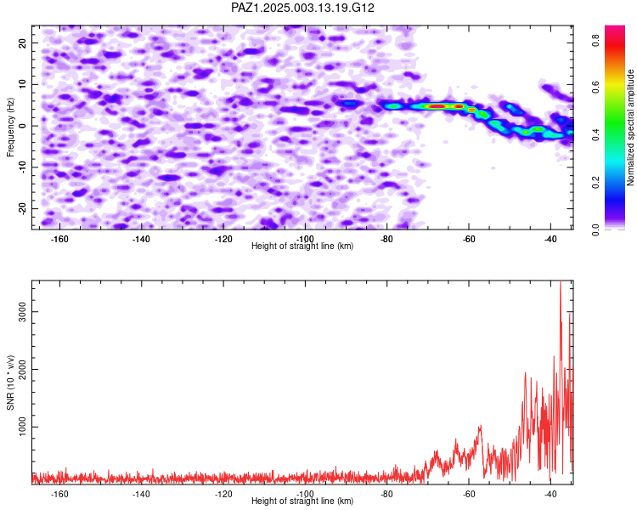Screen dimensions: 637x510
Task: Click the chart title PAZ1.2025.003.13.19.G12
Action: pyautogui.click(x=302, y=8)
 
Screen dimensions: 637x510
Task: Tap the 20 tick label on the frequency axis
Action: pyautogui.click(x=23, y=42)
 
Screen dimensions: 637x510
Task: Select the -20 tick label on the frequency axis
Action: pyautogui.click(x=23, y=208)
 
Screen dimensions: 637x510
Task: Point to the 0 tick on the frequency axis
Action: pyautogui.click(x=23, y=126)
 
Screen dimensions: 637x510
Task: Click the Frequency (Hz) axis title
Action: pyautogui.click(x=10, y=127)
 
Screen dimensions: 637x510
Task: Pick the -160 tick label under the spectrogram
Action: pyautogui.click(x=59, y=239)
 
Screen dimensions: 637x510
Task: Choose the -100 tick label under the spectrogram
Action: pyautogui.click(x=305, y=239)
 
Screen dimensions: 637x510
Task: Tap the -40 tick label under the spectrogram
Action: pyautogui.click(x=550, y=239)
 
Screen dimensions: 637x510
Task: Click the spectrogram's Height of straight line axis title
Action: pyautogui.click(x=302, y=246)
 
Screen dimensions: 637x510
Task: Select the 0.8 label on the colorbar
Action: pyautogui.click(x=595, y=40)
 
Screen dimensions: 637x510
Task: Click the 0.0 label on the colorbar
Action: pyautogui.click(x=595, y=229)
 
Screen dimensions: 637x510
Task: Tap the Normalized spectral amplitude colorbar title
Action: pyautogui.click(x=630, y=127)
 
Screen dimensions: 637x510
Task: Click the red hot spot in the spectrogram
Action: pyautogui.click(x=437, y=106)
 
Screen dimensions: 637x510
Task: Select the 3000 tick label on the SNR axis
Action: pyautogui.click(x=23, y=312)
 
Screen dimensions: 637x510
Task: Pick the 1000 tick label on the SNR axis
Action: pyautogui.click(x=23, y=427)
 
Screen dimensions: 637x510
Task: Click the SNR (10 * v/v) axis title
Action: pyautogui.click(x=10, y=382)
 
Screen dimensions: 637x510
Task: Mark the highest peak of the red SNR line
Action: pyautogui.click(x=561, y=281)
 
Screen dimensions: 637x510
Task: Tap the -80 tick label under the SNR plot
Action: pyautogui.click(x=386, y=494)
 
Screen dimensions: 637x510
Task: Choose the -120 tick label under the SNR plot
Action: pyautogui.click(x=223, y=494)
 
